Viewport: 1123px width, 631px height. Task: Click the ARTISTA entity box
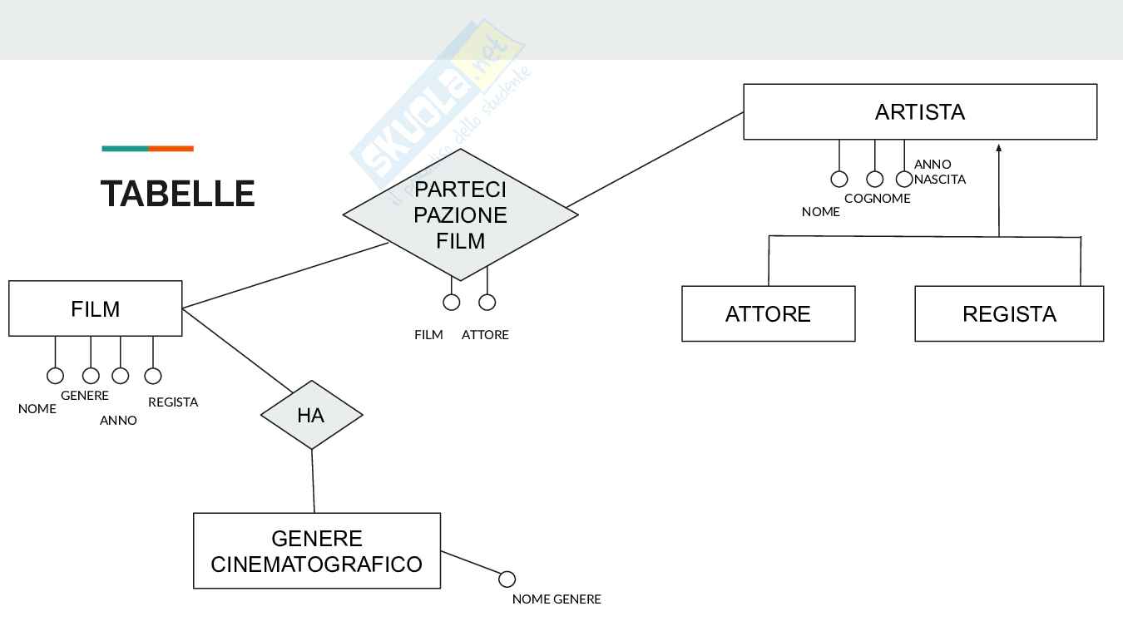tap(919, 111)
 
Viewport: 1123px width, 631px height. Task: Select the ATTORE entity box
tap(768, 313)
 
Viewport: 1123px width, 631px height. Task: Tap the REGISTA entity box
tap(1008, 313)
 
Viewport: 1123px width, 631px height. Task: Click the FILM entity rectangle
tap(95, 308)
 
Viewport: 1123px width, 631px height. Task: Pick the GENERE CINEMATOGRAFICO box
tap(316, 550)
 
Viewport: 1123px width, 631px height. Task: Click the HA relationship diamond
tap(311, 414)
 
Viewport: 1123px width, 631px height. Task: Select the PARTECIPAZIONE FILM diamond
tap(460, 214)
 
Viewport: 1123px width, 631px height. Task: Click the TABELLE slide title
tap(177, 194)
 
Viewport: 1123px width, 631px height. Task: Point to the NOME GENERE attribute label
tap(556, 599)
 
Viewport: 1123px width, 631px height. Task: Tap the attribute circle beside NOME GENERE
tap(507, 579)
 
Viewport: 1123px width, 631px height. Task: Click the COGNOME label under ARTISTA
tap(877, 198)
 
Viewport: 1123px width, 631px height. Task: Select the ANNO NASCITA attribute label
tap(939, 171)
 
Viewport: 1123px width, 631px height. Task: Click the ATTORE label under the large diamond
tap(485, 334)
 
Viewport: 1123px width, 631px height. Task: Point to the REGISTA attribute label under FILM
tap(173, 402)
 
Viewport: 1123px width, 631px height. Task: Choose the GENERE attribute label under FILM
tap(84, 396)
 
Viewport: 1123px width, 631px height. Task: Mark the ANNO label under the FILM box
tap(118, 420)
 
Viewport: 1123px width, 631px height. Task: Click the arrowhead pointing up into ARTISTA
tap(998, 147)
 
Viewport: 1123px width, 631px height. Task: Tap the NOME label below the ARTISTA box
tap(820, 211)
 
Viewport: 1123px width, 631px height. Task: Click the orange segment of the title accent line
tap(171, 149)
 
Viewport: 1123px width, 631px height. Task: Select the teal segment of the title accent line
tap(125, 149)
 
